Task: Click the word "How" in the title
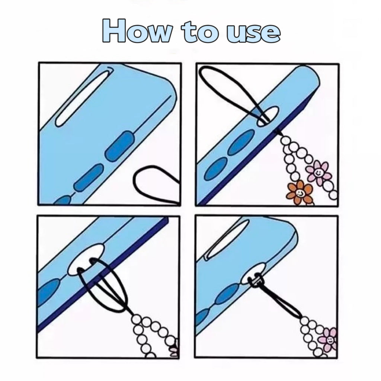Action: [137, 31]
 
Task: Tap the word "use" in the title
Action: [253, 33]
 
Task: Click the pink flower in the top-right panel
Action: [318, 172]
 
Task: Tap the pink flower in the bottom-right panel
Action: [329, 339]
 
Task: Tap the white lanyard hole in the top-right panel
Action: [268, 116]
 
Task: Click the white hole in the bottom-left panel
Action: [86, 260]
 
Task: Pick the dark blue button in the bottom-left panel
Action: [49, 290]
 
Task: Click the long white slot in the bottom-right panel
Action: [227, 240]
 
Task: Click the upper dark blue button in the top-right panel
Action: [241, 142]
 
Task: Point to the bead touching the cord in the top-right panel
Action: [285, 140]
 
